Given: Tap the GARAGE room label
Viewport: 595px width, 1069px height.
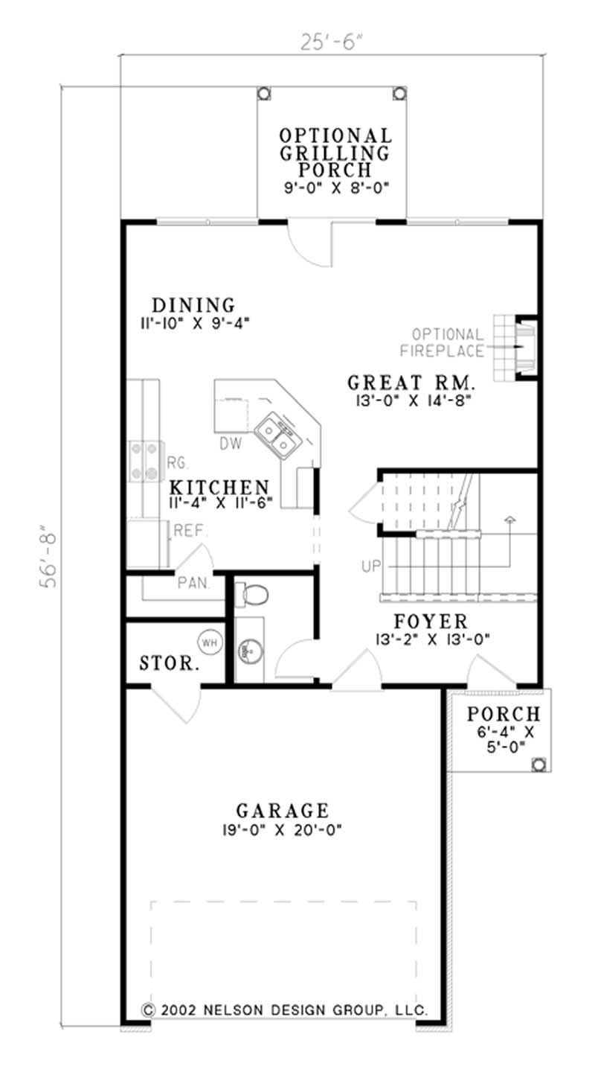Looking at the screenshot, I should (282, 810).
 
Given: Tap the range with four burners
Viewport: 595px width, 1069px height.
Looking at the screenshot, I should (146, 461).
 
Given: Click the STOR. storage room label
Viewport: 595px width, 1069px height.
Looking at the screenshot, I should (170, 663).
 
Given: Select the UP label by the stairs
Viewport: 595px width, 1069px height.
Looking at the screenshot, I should (370, 567).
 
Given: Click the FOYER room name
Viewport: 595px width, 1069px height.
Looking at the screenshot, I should (431, 621).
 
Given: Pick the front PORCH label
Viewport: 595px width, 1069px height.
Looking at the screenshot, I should (504, 714).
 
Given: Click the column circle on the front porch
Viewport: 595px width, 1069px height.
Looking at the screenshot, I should (538, 763).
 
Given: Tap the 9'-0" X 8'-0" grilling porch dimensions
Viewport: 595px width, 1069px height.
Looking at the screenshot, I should (336, 188).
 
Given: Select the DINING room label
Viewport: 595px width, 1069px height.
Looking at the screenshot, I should (193, 305).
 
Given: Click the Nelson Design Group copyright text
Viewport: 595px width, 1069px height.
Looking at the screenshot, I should (284, 1010).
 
